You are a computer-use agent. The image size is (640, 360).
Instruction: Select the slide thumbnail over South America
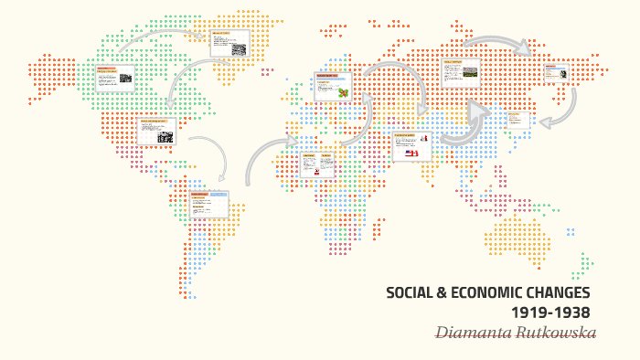tap(209, 204)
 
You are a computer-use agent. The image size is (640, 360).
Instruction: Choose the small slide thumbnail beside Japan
tap(517, 119)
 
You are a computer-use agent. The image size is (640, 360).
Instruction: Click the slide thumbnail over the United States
tap(156, 131)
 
